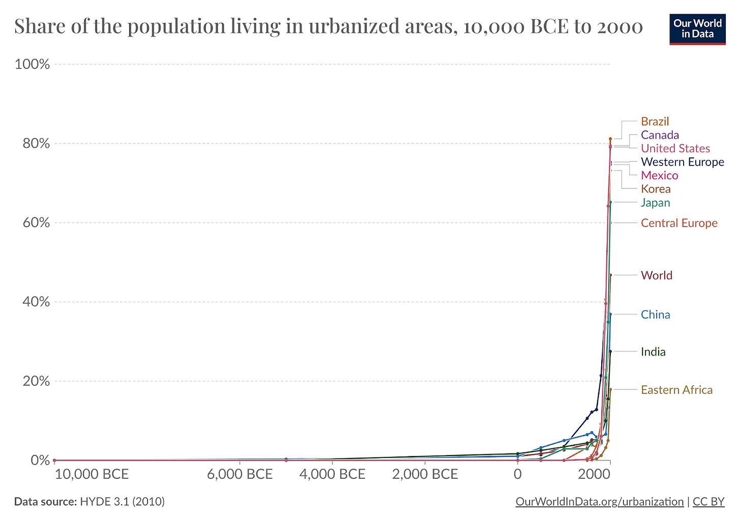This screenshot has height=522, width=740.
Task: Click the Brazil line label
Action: (x=655, y=121)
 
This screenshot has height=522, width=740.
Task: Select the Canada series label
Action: (x=660, y=135)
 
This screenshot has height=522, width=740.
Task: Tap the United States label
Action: (x=675, y=148)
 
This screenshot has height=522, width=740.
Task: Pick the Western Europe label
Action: (x=682, y=162)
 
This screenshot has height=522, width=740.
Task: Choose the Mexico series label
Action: (x=659, y=175)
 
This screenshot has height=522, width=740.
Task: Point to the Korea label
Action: (x=656, y=189)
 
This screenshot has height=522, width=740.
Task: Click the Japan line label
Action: (x=655, y=203)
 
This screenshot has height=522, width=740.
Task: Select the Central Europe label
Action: (x=679, y=223)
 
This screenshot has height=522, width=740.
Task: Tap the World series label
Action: (x=656, y=275)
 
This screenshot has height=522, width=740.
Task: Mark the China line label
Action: (x=655, y=314)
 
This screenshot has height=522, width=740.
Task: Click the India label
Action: (x=653, y=352)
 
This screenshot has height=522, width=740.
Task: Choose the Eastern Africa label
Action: (x=676, y=390)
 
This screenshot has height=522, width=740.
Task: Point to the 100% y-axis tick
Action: (x=33, y=64)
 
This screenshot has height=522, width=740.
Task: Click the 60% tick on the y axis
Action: (x=36, y=222)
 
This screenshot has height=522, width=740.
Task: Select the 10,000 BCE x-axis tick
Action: (x=91, y=474)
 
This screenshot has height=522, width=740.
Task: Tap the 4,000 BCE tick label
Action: (x=332, y=474)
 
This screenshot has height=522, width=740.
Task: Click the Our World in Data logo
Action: (x=697, y=29)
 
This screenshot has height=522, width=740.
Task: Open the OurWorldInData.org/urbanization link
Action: (x=599, y=502)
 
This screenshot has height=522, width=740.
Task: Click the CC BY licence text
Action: (x=708, y=502)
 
